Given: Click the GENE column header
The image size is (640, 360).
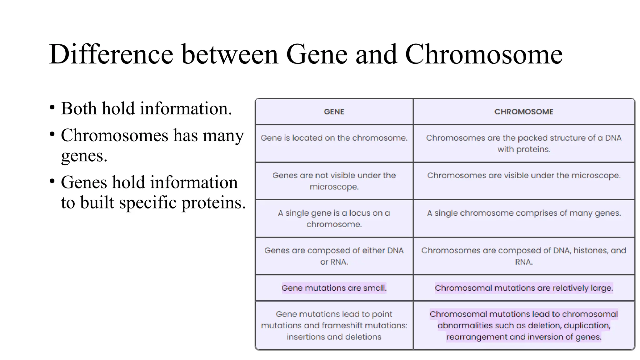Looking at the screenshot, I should tap(334, 112).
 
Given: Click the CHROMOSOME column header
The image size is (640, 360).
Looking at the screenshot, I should tap(523, 112).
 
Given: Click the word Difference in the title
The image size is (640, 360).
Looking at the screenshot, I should tap(111, 54).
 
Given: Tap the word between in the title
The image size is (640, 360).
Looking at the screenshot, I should tap(230, 54).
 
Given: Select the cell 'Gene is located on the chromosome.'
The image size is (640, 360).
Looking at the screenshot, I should tap(334, 138).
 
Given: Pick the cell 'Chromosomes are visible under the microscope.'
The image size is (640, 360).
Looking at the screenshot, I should tap(523, 175).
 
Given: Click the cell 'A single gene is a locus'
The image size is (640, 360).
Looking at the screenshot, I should tap(334, 218).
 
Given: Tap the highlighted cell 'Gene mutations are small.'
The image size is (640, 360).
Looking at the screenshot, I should tap(334, 288).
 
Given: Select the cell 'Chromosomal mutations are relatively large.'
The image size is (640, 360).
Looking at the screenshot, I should tap(523, 288).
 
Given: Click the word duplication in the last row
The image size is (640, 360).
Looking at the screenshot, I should tap(587, 325).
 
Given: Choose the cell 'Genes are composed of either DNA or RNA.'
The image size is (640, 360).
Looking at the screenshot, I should tap(334, 256).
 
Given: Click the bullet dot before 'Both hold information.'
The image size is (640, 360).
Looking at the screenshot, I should tap(52, 108).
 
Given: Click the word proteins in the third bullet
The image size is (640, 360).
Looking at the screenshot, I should tap(213, 203).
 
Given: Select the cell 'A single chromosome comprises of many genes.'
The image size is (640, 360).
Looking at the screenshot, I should tap(523, 213).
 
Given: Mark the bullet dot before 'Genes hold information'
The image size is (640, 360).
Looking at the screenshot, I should tap(52, 182).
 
